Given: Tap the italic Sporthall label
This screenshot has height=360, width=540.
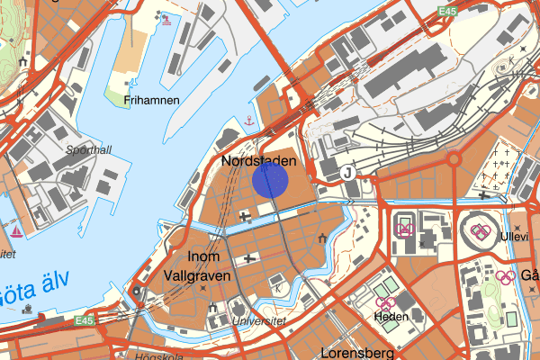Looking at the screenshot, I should (x=88, y=150).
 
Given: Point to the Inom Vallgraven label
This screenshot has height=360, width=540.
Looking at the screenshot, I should (x=197, y=266).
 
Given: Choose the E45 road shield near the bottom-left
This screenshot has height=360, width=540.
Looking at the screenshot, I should (x=85, y=320).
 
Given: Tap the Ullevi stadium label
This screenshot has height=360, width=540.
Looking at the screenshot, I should (x=514, y=235).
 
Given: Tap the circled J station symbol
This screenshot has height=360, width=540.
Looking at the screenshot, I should (x=347, y=173).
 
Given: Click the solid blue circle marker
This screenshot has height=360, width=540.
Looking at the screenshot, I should (x=270, y=179).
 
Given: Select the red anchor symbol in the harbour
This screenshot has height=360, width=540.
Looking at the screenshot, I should (x=245, y=119).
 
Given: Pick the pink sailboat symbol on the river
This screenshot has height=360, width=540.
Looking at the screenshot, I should (x=17, y=231).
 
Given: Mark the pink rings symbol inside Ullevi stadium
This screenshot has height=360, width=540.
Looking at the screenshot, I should (x=479, y=232).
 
